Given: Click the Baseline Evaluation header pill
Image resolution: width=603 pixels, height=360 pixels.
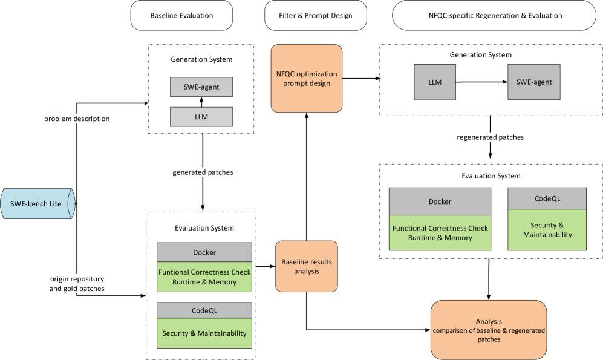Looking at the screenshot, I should pos(181,16).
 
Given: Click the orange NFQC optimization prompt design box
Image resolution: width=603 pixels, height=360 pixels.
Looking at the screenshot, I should pos(307,79).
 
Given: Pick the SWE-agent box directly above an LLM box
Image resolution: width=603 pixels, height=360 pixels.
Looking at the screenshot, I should pos(201,87).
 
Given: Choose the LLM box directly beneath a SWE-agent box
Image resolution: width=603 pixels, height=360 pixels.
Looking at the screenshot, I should pos(201,117).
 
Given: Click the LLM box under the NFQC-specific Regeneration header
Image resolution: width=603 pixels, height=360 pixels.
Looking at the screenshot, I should pos(435,82).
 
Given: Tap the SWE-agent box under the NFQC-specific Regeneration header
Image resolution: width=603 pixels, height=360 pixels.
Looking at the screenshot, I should pos(534,82).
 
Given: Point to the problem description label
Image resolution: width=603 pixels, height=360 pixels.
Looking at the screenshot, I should pos(77,119).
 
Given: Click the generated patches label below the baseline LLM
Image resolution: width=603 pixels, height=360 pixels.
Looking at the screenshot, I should pos(203,172).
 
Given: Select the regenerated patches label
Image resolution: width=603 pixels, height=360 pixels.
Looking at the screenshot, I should pos(490,137).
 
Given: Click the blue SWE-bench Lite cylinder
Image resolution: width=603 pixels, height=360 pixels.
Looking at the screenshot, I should pos(38,204).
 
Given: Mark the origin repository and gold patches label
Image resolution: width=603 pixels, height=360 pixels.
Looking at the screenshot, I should pos(77,284).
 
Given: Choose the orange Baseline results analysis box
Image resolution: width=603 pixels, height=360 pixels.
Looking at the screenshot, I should pos(307,267).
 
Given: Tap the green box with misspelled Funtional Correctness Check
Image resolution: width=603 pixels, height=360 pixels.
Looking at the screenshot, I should pos(204,277).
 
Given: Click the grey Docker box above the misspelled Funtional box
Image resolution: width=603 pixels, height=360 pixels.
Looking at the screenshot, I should pos(204,252).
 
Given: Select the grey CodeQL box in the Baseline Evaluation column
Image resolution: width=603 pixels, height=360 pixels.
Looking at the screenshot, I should pos(204,310).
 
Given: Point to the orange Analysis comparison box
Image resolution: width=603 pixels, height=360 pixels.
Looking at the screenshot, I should pos(489,330).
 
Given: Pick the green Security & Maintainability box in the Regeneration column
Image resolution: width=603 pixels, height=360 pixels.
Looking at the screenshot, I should pos(547,230).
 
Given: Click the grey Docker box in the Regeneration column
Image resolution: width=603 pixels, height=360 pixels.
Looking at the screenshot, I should pos(440,201).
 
